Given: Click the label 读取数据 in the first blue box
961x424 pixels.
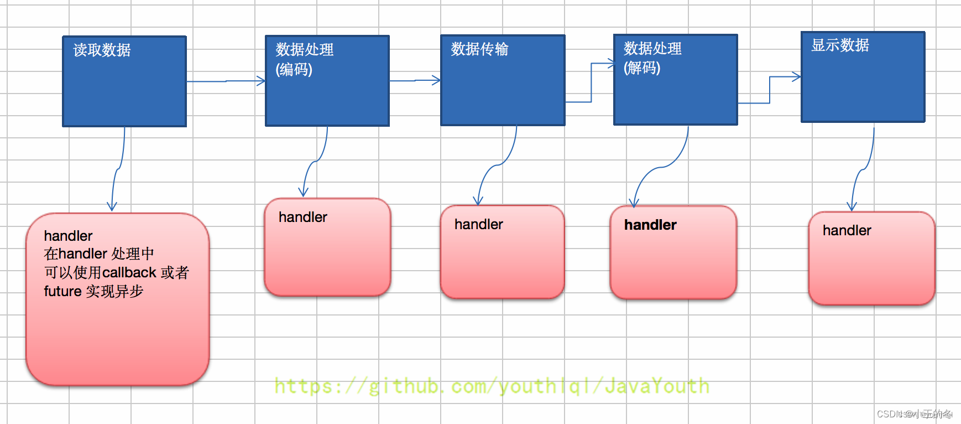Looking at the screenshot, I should [x=102, y=50].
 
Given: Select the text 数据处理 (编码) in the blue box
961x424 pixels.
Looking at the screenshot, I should [x=304, y=59].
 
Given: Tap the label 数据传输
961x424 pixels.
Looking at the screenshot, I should [x=479, y=49].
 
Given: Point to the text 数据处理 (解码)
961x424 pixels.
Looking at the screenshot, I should [x=652, y=58].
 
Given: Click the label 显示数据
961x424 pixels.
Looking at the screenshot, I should [x=839, y=45].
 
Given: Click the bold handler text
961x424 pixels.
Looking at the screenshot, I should [x=650, y=225].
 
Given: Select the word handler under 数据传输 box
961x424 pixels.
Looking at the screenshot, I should [x=478, y=224].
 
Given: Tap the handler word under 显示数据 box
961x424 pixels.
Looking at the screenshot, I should [x=847, y=230].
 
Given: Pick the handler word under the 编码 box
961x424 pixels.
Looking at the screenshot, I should [x=302, y=217].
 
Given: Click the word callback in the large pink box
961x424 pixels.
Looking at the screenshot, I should [x=129, y=272].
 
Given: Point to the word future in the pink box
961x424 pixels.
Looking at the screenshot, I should [x=62, y=291].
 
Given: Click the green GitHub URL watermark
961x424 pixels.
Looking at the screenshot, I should [x=492, y=386].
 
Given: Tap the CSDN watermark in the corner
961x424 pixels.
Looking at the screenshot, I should [x=914, y=414].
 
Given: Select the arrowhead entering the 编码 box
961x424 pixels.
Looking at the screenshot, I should [x=262, y=81].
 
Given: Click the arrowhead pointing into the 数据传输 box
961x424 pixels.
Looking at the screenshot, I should [x=437, y=81].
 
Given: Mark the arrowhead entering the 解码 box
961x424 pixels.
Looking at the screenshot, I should [x=610, y=64].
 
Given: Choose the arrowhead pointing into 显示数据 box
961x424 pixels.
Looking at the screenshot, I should [x=797, y=77].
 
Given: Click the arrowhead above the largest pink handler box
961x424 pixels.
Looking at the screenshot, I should [x=112, y=206].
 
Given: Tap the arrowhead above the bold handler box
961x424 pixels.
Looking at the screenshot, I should [x=634, y=203].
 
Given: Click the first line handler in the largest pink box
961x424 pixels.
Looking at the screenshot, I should [x=68, y=236].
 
